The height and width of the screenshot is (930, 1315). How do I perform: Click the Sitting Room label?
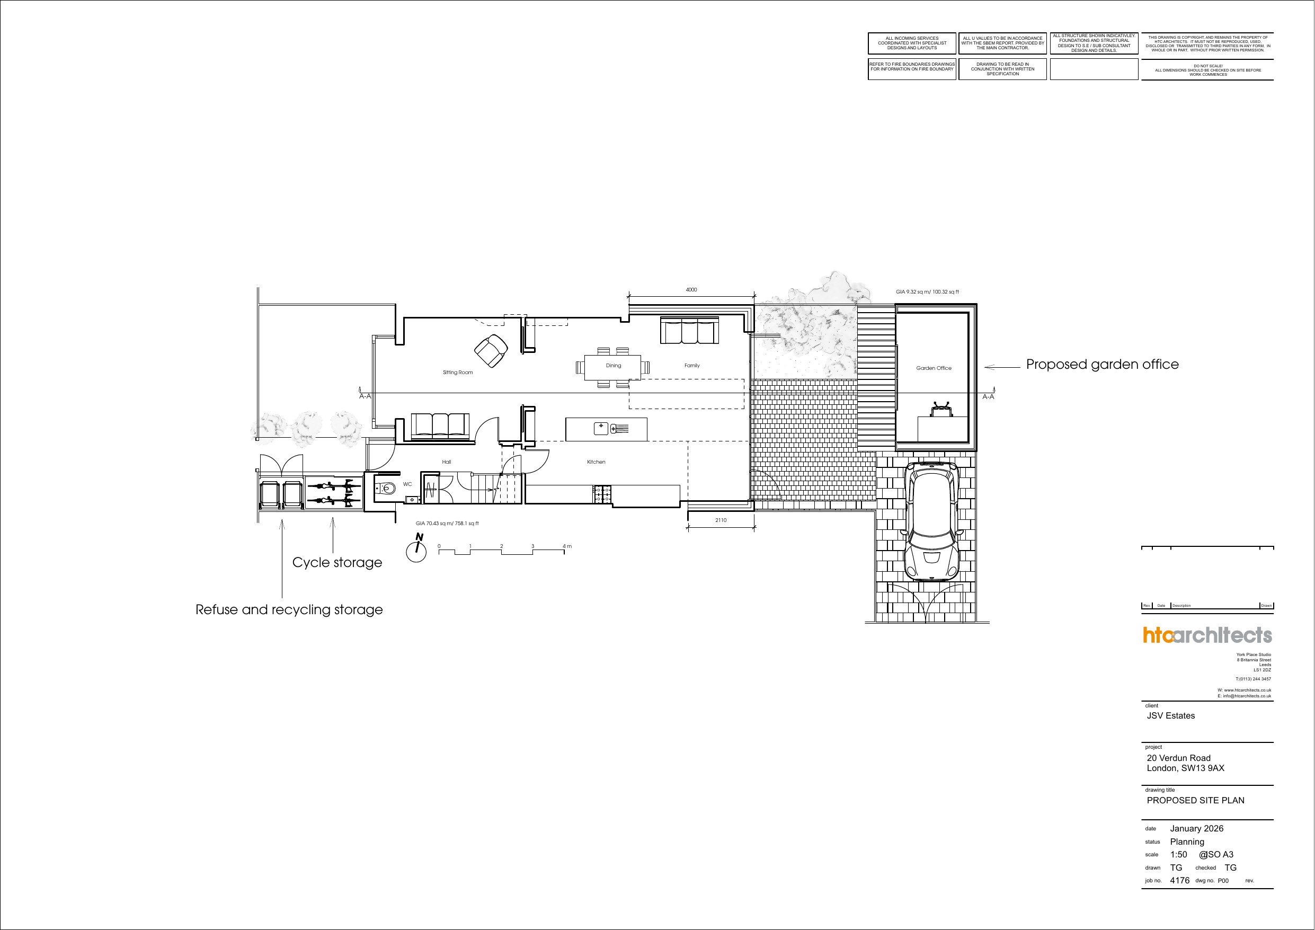[x=458, y=373]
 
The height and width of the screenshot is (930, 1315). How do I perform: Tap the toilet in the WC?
[x=387, y=489]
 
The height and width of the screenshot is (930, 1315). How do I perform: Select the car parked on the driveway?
[x=932, y=521]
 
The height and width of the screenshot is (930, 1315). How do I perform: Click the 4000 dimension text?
[x=691, y=290]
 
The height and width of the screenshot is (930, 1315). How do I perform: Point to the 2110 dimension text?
[x=721, y=520]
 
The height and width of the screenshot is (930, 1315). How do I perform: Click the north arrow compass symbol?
[x=417, y=549]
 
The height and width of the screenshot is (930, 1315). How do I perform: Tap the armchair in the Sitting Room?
[x=491, y=351]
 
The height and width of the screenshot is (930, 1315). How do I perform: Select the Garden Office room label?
[x=934, y=368]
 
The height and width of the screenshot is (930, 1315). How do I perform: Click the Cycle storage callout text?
[x=337, y=563]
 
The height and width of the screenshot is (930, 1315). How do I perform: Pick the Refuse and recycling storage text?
[x=289, y=610]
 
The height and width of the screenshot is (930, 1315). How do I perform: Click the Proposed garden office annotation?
[x=1102, y=365]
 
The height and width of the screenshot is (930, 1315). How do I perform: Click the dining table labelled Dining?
[x=613, y=367]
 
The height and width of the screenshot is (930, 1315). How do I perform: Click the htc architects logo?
[x=1207, y=635]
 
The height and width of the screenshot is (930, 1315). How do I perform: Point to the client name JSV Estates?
[x=1171, y=716]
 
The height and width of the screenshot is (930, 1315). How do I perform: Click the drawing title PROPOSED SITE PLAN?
[x=1195, y=801]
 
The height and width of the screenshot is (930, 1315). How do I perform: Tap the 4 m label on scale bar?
[x=567, y=546]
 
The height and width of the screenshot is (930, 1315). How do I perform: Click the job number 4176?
[x=1179, y=881]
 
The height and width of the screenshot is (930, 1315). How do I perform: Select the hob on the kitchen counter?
[x=602, y=494]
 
